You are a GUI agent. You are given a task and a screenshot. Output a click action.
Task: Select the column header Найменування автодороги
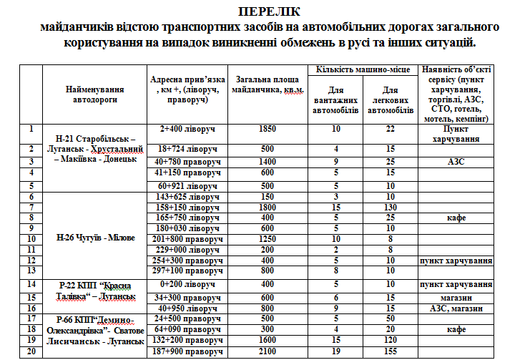[94, 94]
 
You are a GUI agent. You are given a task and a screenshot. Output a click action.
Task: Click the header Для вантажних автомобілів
[336, 101]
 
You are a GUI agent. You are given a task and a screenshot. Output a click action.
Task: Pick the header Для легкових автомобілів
[391, 101]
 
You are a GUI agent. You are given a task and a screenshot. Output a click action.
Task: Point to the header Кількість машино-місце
[363, 69]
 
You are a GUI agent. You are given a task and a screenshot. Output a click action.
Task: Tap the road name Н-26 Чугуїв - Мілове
[94, 237]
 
